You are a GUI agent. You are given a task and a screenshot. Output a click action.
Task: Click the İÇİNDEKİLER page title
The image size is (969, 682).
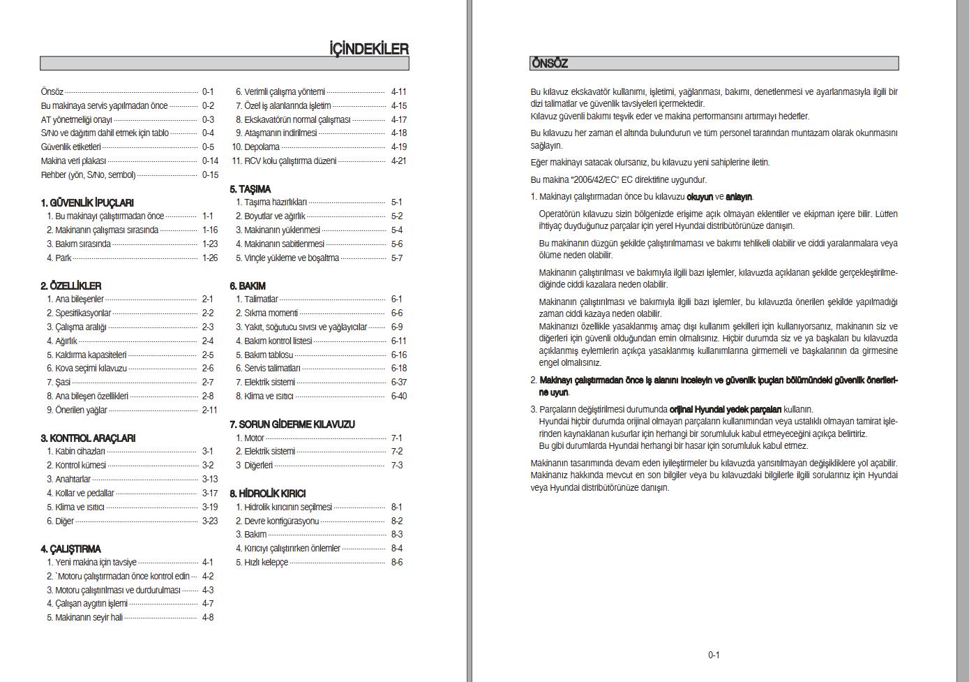(x=368, y=49)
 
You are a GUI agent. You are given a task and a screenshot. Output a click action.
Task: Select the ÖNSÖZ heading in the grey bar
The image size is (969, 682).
(x=550, y=64)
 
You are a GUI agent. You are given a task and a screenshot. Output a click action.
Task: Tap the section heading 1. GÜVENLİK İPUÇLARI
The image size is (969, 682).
(x=87, y=202)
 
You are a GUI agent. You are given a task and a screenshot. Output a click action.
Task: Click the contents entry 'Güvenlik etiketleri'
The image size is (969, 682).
(x=71, y=147)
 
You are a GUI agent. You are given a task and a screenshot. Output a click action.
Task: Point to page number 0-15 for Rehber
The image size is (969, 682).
(x=210, y=175)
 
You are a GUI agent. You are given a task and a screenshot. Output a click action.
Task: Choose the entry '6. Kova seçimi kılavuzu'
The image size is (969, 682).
(x=87, y=368)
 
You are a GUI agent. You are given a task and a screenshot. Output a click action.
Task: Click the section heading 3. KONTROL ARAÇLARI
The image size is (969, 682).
(x=88, y=438)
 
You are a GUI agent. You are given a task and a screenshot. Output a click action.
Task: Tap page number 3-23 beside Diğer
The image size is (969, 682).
(x=210, y=521)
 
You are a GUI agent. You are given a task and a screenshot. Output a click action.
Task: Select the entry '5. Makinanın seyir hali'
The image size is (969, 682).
(x=85, y=617)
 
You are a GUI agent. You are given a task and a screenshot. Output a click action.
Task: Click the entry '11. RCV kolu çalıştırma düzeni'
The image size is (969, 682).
(x=285, y=161)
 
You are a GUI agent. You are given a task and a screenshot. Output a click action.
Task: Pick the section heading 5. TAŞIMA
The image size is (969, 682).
(x=250, y=189)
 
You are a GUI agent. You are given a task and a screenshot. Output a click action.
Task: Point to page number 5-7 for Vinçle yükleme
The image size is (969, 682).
(x=397, y=258)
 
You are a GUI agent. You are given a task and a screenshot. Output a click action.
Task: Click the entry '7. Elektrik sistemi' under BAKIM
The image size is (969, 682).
(x=266, y=382)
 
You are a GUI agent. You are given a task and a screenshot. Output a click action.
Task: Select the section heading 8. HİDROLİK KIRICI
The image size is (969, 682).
(x=268, y=493)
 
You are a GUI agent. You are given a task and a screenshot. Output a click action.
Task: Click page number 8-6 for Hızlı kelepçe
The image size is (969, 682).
(x=397, y=562)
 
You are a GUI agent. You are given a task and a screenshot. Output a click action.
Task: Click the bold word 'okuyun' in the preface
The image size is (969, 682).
(x=700, y=197)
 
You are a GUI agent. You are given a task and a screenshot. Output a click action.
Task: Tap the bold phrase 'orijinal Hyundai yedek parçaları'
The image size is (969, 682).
(x=725, y=409)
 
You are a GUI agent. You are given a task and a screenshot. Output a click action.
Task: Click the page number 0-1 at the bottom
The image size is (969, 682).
(x=714, y=655)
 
